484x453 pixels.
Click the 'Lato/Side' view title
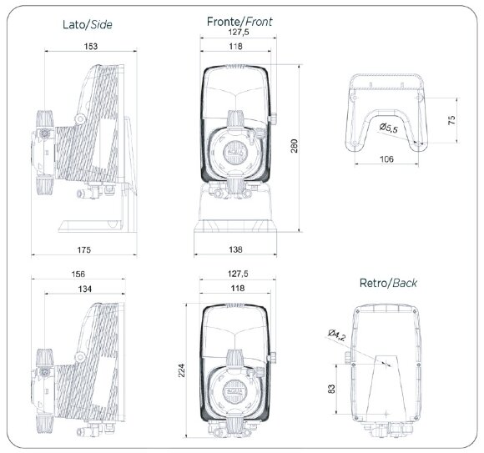click(x=88, y=26)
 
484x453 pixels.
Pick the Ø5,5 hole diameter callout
click(x=388, y=128)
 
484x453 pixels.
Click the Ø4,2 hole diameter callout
click(x=336, y=335)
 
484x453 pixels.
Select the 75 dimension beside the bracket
click(x=451, y=119)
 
